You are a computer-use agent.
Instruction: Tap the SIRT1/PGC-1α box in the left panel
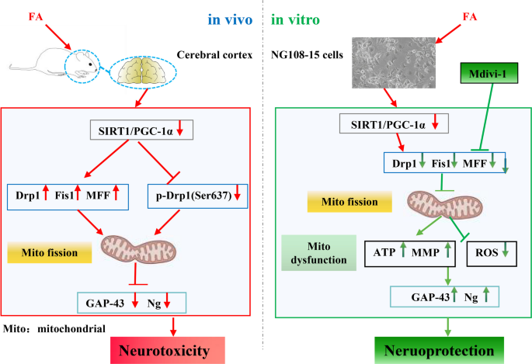click(133, 131)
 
